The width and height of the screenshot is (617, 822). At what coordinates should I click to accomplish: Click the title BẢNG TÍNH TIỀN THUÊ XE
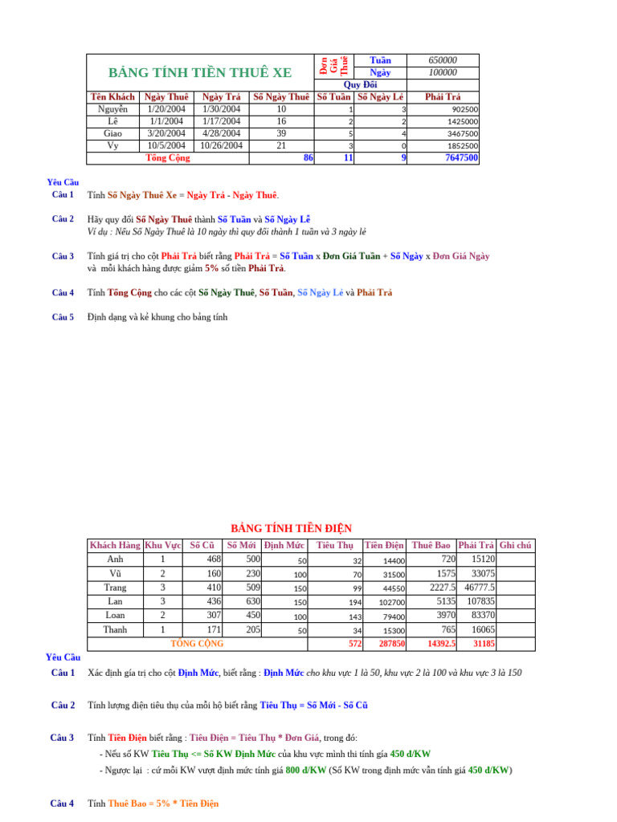click(200, 74)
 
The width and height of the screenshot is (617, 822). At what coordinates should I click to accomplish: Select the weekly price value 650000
click(443, 60)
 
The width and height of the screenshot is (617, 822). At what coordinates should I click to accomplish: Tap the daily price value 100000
click(443, 72)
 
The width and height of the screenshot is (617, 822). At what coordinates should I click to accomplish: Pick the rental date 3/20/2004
click(166, 133)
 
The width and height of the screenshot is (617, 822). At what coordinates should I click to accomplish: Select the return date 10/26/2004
click(221, 145)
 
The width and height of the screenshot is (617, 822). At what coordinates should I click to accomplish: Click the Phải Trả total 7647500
click(461, 158)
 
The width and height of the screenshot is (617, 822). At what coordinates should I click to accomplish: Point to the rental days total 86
click(308, 158)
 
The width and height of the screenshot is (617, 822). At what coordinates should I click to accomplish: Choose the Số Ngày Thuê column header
click(281, 97)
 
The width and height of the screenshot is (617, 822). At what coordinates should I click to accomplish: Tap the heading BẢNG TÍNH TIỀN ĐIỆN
click(292, 528)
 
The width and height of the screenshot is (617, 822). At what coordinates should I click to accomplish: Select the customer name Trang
click(115, 588)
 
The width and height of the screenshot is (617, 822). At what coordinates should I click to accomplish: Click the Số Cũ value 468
click(214, 560)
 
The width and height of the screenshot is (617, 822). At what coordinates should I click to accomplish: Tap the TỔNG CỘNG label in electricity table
click(198, 644)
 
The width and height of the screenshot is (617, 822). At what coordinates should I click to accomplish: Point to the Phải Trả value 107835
click(480, 601)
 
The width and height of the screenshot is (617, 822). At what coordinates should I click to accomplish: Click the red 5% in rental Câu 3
click(211, 268)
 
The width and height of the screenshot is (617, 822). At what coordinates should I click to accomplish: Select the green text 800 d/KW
click(304, 771)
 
